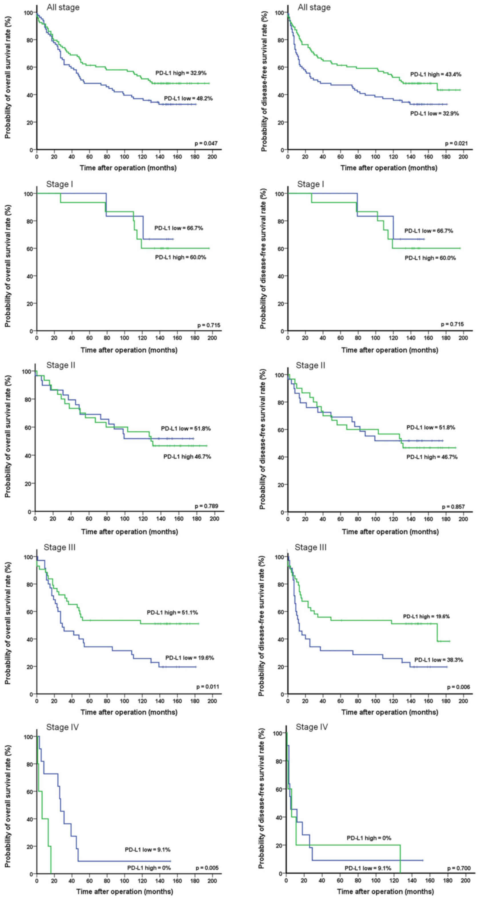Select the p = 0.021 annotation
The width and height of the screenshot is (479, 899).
[456, 143]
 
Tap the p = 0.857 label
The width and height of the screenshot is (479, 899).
[454, 507]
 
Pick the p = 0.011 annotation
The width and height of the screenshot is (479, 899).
[208, 687]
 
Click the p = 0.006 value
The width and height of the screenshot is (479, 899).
[458, 687]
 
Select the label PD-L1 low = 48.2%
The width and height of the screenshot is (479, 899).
[188, 99]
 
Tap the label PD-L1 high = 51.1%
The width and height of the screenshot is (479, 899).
[173, 613]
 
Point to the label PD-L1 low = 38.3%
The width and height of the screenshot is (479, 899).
[438, 660]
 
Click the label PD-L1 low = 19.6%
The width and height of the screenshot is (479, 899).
[190, 658]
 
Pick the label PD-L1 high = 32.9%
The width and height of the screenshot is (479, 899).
[181, 73]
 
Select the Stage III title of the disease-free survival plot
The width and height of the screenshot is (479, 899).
[310, 547]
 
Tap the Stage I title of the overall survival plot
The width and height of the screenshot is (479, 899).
[60, 184]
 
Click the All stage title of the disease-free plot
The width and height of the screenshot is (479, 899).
[314, 7]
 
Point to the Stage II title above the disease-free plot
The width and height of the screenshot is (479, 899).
[310, 365]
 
